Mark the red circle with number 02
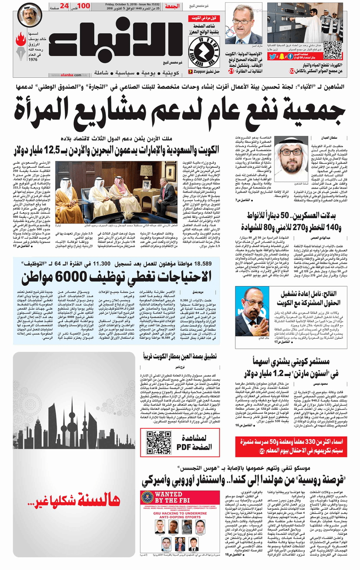tap(292, 71)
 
